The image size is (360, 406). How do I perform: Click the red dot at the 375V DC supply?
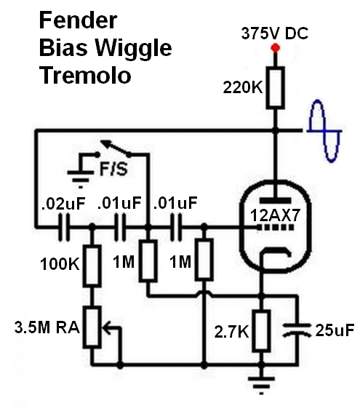point(276,48)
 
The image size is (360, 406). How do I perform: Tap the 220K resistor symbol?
point(276,87)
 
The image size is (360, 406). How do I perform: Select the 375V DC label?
point(275,33)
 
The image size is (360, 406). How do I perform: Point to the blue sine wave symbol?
point(324,131)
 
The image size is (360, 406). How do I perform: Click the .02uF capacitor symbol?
point(64,228)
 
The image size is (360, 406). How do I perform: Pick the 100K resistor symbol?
point(92,266)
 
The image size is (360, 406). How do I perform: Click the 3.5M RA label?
point(47,327)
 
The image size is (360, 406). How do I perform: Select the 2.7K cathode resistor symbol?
point(261,330)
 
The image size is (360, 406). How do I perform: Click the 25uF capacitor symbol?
point(297,330)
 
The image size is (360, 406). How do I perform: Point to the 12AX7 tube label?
point(275,215)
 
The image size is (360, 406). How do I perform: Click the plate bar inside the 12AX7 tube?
point(276,200)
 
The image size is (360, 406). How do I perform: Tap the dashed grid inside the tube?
point(276,228)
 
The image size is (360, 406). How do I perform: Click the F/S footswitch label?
point(113,169)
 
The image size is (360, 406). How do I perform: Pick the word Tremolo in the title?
point(85,75)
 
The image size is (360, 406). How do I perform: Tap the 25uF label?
point(335,330)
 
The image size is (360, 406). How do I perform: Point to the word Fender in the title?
point(78,20)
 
